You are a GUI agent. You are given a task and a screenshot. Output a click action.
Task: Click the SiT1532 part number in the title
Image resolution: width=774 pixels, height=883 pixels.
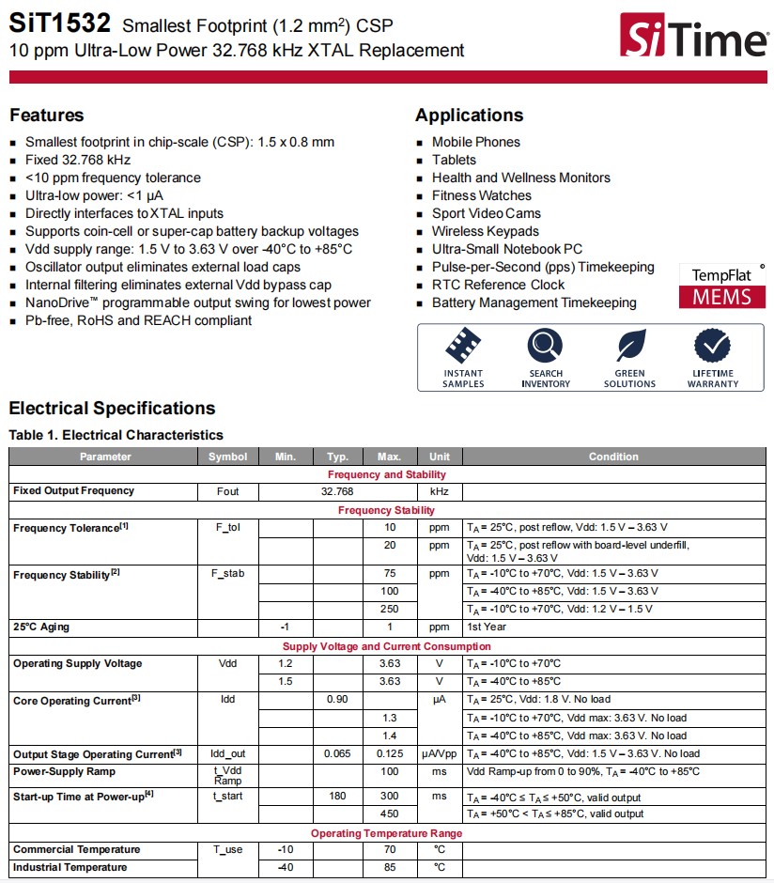click(x=59, y=23)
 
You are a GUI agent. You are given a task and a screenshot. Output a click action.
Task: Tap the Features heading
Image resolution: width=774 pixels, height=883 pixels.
click(x=47, y=116)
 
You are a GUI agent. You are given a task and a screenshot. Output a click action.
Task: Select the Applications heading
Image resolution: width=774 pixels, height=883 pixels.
click(x=469, y=116)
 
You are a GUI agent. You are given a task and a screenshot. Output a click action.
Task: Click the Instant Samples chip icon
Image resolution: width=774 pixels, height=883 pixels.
click(x=463, y=347)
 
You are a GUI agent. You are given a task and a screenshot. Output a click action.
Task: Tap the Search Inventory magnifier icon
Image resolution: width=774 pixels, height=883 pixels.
click(x=545, y=347)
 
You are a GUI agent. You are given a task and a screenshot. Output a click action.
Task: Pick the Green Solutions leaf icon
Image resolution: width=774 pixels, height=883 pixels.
click(x=629, y=347)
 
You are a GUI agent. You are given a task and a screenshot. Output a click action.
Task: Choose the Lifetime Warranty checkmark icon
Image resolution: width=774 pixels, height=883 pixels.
click(x=712, y=347)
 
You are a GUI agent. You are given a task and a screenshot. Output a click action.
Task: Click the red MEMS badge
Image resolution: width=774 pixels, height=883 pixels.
click(x=721, y=297)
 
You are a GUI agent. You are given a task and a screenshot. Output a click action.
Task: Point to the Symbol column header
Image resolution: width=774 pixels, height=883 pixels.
click(x=227, y=457)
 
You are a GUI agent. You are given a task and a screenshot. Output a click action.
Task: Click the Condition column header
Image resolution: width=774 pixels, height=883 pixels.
click(x=613, y=457)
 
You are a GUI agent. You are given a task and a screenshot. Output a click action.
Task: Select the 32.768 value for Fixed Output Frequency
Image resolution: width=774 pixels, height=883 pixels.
click(x=337, y=491)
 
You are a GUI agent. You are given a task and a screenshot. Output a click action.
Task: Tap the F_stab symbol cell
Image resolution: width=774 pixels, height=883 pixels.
click(x=227, y=574)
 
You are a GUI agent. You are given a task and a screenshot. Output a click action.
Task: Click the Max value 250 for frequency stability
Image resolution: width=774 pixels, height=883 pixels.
click(x=389, y=610)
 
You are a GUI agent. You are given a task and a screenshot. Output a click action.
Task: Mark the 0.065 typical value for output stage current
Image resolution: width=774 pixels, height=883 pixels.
click(x=337, y=754)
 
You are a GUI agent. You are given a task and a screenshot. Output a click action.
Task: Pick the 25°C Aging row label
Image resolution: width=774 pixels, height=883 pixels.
click(x=41, y=627)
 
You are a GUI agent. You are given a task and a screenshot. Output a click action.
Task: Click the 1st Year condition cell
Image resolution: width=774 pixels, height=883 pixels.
click(x=487, y=627)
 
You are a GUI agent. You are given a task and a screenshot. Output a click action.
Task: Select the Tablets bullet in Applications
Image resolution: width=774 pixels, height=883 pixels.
click(x=454, y=160)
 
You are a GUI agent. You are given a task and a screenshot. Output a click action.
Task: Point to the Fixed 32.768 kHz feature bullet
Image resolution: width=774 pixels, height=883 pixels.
click(x=77, y=160)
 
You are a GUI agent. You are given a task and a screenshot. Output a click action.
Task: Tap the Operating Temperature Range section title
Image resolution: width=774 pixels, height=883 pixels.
click(x=386, y=833)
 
